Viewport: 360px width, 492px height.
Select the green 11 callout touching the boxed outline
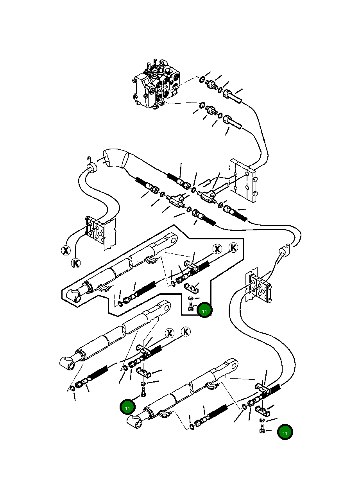(204, 310)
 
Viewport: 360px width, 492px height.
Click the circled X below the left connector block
(66, 250)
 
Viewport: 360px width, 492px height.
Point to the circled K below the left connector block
(76, 263)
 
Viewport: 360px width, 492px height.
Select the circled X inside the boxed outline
(217, 249)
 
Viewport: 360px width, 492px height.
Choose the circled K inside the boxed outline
(233, 248)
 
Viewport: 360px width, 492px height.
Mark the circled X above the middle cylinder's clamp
(170, 333)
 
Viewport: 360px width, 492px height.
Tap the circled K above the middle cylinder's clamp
(186, 332)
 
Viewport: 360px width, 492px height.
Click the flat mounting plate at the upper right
(243, 181)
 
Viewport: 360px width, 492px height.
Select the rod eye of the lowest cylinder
(232, 366)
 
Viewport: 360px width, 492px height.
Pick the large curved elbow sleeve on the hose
(116, 158)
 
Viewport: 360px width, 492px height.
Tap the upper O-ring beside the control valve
(202, 79)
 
